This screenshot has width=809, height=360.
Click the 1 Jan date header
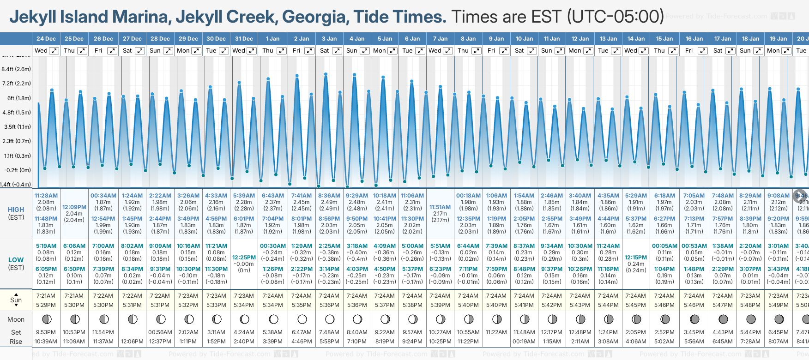(272, 39)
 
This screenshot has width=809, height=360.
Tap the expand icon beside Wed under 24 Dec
(54, 51)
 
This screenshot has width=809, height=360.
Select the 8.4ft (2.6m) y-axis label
(16, 69)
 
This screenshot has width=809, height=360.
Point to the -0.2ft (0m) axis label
(17, 170)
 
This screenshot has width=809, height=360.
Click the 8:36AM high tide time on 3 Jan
(329, 196)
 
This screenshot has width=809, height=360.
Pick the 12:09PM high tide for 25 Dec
(74, 207)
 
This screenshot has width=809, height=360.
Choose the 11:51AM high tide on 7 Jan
(440, 207)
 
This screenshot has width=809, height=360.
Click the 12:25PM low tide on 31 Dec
(244, 257)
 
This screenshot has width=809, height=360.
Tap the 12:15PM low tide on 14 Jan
(636, 257)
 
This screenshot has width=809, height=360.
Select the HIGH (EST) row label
(16, 213)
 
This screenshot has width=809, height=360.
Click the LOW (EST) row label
(16, 264)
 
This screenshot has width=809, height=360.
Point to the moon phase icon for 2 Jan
(302, 319)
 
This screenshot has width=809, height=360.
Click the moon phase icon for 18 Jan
(751, 319)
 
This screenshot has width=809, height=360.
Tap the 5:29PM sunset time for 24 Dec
(46, 305)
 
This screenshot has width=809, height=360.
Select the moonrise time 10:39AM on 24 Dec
(46, 342)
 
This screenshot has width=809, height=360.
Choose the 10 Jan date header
(524, 39)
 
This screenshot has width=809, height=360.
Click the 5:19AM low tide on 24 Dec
(46, 246)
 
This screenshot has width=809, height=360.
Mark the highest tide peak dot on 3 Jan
(326, 74)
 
